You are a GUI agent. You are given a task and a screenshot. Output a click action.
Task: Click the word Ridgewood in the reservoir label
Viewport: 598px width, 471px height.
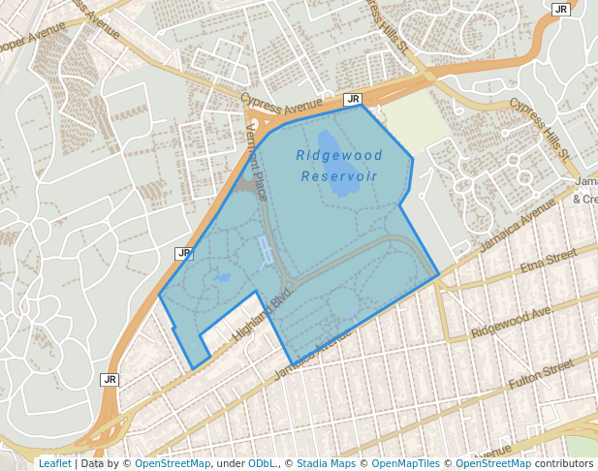339,156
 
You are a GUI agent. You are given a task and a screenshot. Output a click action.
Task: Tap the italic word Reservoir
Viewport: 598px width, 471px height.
339,176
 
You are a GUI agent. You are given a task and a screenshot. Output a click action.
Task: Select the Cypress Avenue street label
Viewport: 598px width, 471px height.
281,103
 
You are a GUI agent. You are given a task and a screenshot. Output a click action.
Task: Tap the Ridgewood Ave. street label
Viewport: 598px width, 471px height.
511,321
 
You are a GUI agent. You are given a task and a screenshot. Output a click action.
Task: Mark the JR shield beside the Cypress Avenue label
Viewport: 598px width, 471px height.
353,99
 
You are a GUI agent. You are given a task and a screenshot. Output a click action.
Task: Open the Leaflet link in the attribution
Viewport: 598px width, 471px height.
54,463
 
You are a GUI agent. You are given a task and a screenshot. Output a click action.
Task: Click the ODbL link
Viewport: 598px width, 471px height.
262,463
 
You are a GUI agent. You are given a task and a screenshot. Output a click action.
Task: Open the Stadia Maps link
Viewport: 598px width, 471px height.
326,463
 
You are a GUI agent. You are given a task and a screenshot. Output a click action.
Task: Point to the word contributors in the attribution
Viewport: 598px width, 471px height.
564,463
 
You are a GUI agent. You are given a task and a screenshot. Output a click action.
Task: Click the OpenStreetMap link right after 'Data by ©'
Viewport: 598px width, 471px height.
173,463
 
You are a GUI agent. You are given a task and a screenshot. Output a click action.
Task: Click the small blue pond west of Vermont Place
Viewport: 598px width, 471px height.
222,278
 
